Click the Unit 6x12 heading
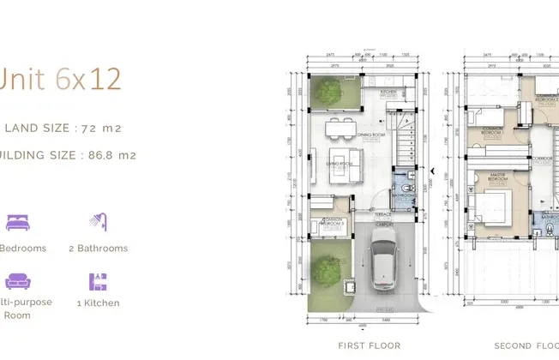coord(61,79)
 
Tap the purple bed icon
coord(17,223)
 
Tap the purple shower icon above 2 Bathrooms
coord(98,223)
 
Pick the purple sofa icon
coord(17,281)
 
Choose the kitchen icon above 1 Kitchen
coord(98,281)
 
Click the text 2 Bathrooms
coord(98,249)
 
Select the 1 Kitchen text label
coord(98,303)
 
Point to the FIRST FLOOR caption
coord(369,345)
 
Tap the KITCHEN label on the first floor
coord(388,91)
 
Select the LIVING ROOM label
coord(341,164)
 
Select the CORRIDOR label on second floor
coord(541,159)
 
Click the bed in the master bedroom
coord(496,206)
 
